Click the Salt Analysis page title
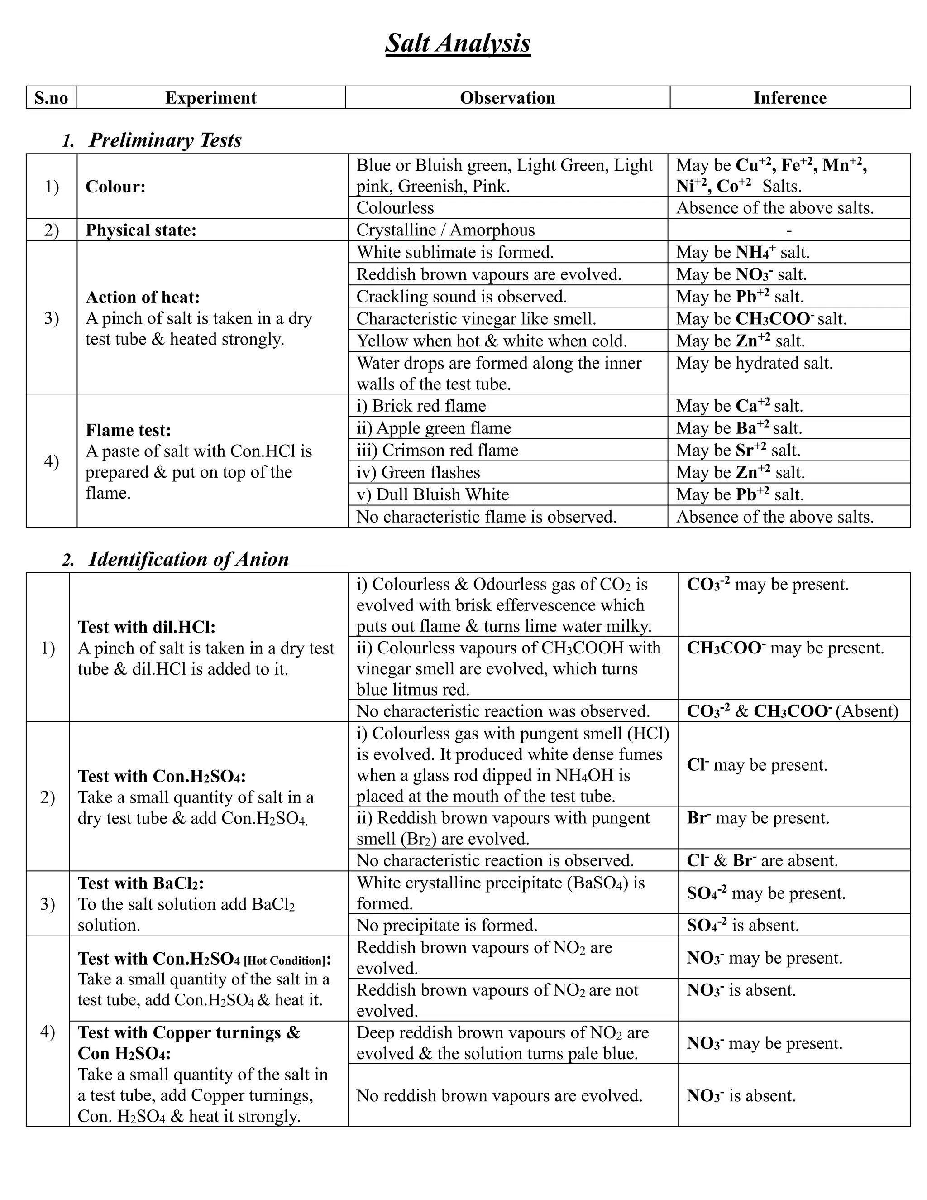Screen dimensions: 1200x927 pos(458,43)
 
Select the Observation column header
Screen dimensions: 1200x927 pos(507,98)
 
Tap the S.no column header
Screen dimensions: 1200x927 pos(51,98)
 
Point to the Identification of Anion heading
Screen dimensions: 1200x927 pos(188,559)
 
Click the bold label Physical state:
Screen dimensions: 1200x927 pos(141,230)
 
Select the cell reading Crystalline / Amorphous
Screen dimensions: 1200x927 pos(445,230)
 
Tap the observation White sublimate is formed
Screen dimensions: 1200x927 pos(455,252)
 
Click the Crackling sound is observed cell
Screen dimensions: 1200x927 pos(461,297)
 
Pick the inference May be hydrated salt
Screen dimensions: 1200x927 pos(754,363)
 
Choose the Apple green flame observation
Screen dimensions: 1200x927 pos(433,428)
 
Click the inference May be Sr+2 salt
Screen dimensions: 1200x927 pos(738,451)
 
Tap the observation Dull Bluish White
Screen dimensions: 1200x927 pos(432,494)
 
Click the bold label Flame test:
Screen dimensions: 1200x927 pos(129,430)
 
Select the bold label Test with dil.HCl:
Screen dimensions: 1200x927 pos(147,627)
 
